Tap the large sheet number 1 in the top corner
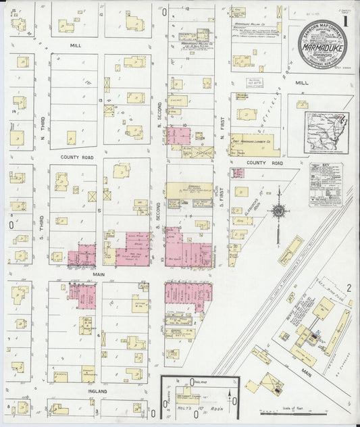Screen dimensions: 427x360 click(x=345, y=20)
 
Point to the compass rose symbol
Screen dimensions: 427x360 click(x=278, y=211)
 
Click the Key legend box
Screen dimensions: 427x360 click(x=326, y=184)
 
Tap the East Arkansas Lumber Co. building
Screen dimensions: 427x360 click(x=255, y=143)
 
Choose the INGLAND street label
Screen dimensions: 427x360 click(x=79, y=391)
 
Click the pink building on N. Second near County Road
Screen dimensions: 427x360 click(x=178, y=136)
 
